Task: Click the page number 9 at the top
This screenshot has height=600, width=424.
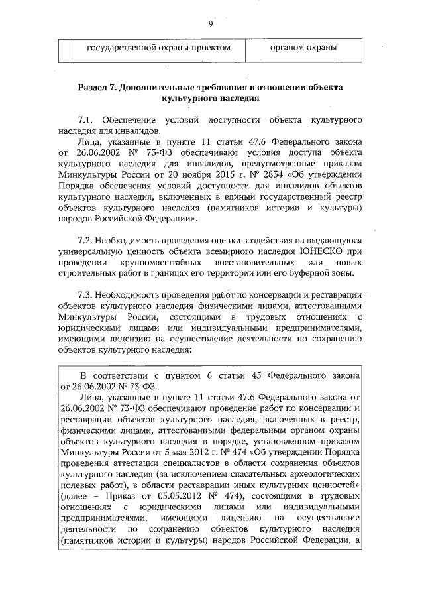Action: [210, 24]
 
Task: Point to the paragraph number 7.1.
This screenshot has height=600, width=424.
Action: [86, 121]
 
